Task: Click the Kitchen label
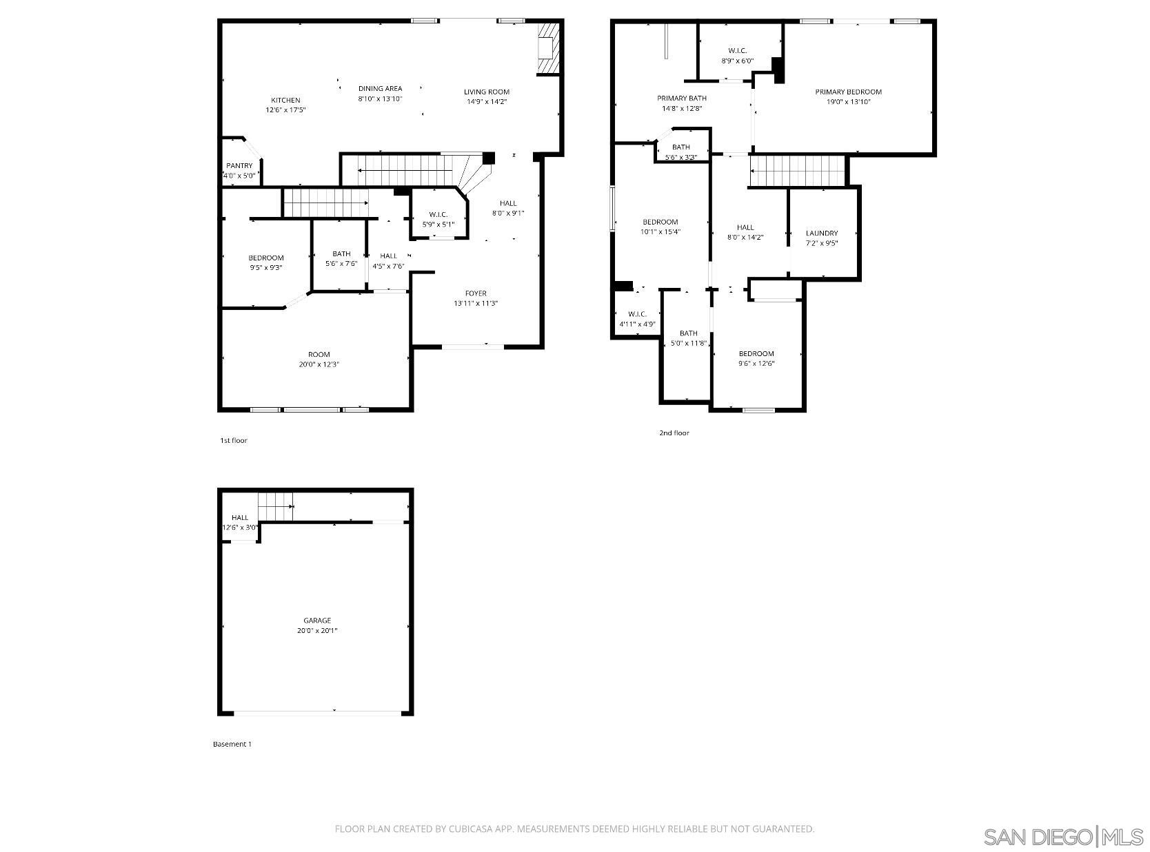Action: coord(285,101)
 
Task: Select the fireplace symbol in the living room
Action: coord(547,48)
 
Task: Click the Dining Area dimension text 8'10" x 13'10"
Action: coord(380,99)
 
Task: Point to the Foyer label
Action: coord(476,293)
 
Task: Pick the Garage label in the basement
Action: coord(317,621)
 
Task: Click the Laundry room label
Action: coord(822,233)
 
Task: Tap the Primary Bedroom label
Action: coord(848,92)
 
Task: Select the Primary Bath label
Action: coord(681,98)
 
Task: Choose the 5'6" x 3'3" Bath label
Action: coord(681,147)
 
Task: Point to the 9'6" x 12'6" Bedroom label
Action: coord(756,354)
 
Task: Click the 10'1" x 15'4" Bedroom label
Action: coord(660,222)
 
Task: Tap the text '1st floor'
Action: coord(233,441)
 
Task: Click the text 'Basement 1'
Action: coord(232,745)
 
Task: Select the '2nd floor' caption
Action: coord(674,433)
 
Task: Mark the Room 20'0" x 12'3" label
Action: coord(319,355)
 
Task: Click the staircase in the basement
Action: coord(276,507)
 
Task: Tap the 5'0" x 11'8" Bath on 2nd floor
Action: coord(688,334)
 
